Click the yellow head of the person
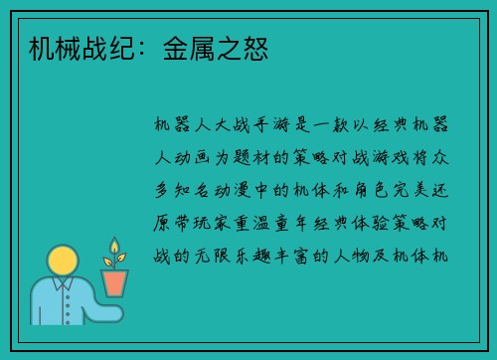coord(63,261)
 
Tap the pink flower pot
coord(115,282)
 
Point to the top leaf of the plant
coord(114,245)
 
